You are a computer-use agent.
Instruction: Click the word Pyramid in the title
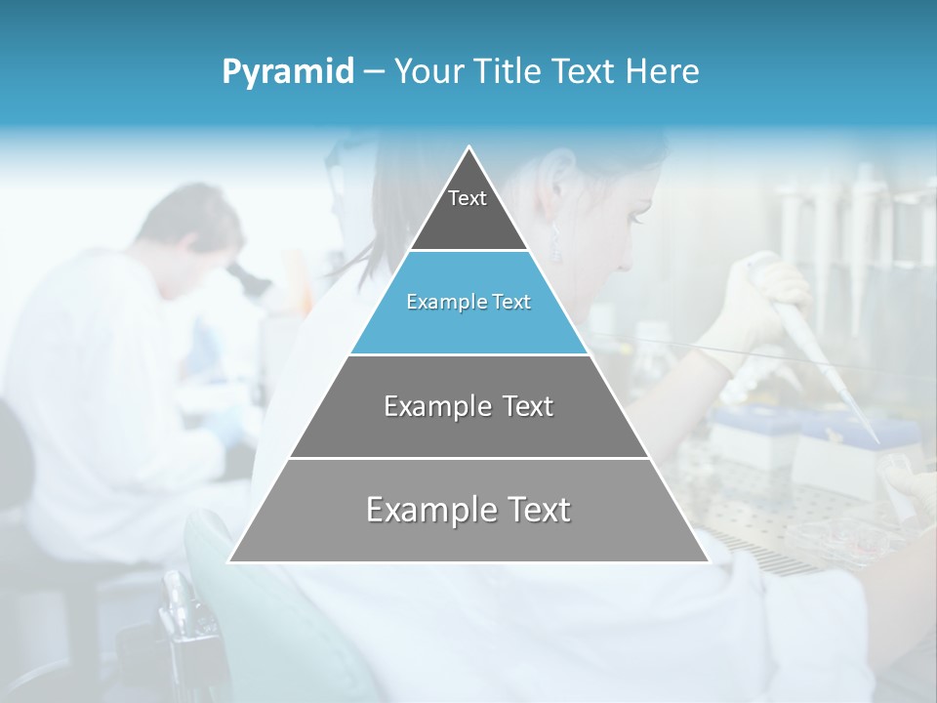[288, 72]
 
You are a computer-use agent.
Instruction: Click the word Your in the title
[427, 72]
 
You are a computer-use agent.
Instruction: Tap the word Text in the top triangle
[468, 198]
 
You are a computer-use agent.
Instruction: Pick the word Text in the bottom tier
[535, 510]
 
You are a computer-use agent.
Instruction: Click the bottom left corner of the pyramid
[230, 561]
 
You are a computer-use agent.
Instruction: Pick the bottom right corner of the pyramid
[708, 561]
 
